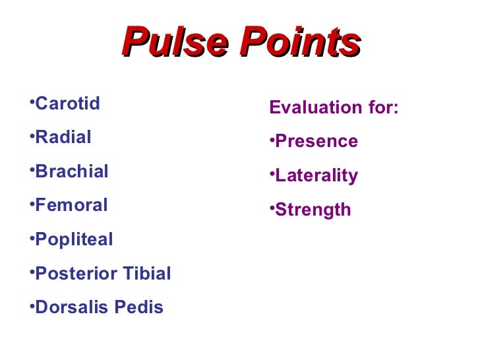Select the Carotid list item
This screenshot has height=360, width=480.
coord(67,104)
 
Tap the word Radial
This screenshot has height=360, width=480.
coord(63,137)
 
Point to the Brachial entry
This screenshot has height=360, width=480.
coord(72,171)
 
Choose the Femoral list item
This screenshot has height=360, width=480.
coord(71,205)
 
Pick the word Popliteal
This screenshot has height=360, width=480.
coord(74,239)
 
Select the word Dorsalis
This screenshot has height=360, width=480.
coord(70,307)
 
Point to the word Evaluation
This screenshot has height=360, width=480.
coord(313,107)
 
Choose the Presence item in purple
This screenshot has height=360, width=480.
coord(316,141)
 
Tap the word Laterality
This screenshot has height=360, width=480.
coord(316,175)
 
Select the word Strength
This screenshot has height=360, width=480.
coord(313,210)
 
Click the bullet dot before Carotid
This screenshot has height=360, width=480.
coord(32,102)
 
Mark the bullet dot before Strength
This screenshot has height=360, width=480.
coord(272,208)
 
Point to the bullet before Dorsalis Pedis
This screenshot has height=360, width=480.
coord(32,306)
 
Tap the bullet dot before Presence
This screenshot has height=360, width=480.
coord(272,140)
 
